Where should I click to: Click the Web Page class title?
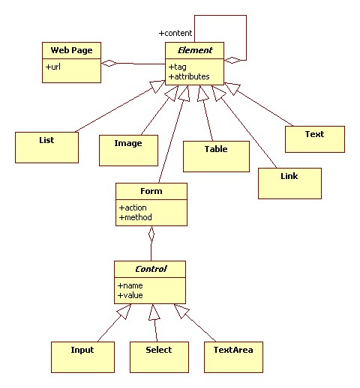point(70,50)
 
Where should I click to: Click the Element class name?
point(194,50)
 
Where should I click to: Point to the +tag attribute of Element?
point(178,67)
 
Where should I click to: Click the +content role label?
point(175,33)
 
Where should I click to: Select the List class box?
point(46,147)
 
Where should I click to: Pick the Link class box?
point(289,183)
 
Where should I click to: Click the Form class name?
point(151,191)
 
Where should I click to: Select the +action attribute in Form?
point(133,207)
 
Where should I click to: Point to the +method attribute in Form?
point(136,217)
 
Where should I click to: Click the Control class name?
point(150,268)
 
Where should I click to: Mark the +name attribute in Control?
point(131,285)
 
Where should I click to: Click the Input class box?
point(82,357)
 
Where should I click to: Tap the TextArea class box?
point(233,357)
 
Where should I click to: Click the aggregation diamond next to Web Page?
point(111,63)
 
